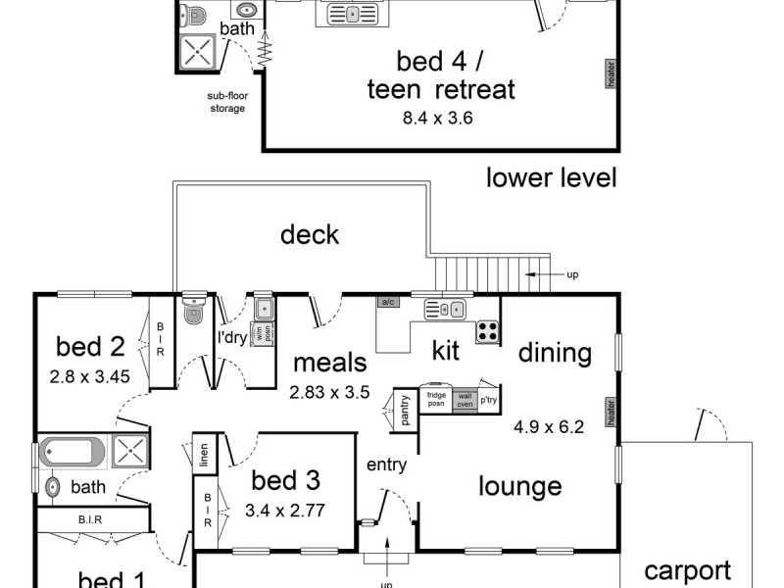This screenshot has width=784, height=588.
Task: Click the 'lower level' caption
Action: (x=552, y=178)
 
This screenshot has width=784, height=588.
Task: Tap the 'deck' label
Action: (x=310, y=234)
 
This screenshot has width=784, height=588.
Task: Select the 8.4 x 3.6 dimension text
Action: (x=437, y=119)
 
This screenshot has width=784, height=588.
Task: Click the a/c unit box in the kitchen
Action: (x=388, y=302)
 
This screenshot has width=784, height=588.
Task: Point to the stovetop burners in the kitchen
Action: (x=487, y=331)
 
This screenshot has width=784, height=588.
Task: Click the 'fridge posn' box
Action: (x=436, y=400)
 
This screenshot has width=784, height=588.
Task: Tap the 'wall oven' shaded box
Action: (x=465, y=401)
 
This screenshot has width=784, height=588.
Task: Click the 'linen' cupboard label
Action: (x=204, y=455)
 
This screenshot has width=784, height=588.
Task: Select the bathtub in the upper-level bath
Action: (x=72, y=452)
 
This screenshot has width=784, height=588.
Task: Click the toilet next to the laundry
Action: (x=193, y=310)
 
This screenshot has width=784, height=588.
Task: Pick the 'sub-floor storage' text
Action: (x=227, y=102)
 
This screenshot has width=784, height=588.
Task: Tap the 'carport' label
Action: (x=688, y=571)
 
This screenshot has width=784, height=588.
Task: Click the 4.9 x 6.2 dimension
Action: (x=549, y=427)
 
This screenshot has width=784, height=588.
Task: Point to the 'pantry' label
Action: (x=405, y=410)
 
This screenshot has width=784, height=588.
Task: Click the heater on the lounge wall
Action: (x=611, y=413)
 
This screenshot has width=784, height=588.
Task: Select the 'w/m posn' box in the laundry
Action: (x=263, y=334)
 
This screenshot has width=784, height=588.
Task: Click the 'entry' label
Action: (x=386, y=465)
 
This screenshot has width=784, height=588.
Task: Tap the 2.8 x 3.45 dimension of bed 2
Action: (x=89, y=376)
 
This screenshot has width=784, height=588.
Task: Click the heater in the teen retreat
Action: (x=611, y=74)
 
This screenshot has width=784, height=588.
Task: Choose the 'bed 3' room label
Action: (x=285, y=480)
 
